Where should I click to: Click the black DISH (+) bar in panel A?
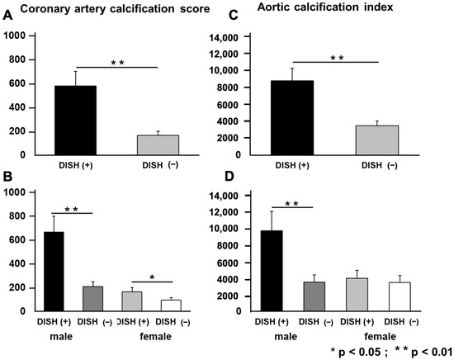76,120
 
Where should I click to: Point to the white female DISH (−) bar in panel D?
400,295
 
